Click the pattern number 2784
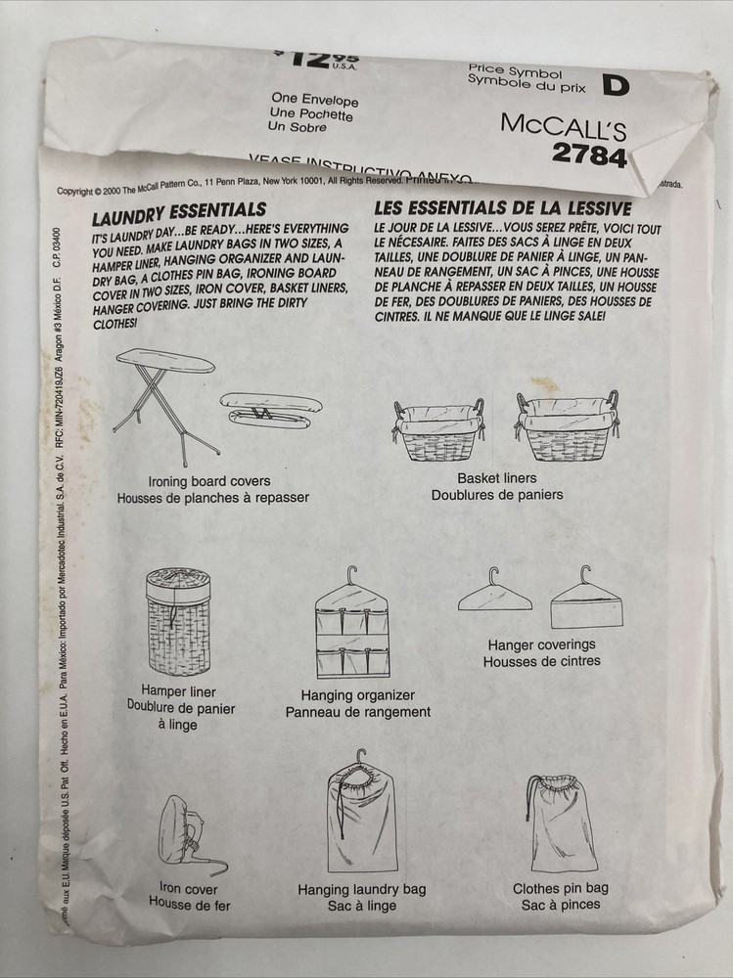pos(588,155)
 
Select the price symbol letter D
pos(614,86)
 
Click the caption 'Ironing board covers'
pos(209,481)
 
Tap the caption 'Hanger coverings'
pos(541,645)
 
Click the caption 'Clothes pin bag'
pos(561,889)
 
